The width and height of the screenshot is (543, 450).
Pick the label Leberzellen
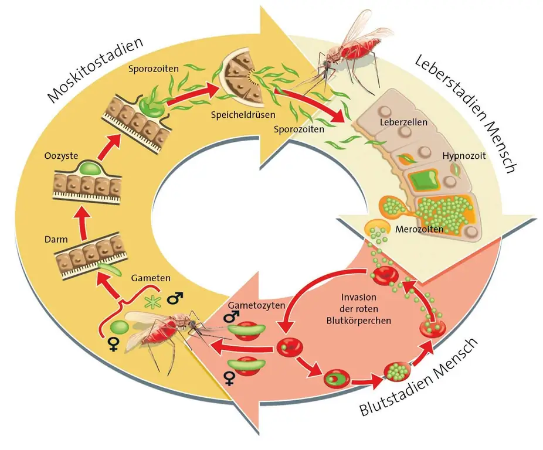[403, 123]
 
